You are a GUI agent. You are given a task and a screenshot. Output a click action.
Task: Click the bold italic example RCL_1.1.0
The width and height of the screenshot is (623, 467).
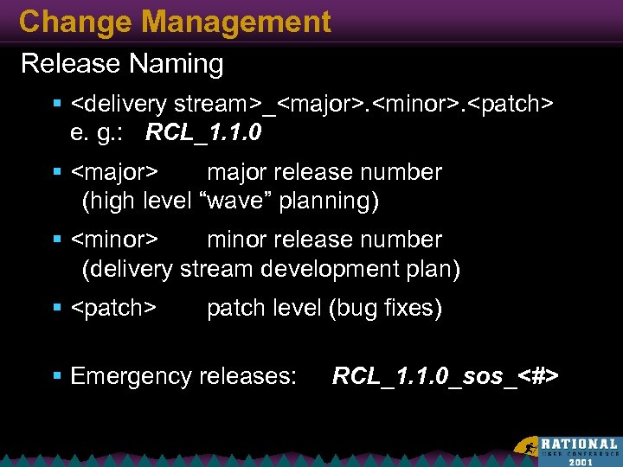tap(204, 134)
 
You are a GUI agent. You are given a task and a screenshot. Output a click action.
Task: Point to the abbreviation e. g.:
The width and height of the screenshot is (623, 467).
tap(103, 134)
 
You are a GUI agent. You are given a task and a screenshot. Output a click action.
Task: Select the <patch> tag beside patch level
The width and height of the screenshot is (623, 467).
tap(113, 309)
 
